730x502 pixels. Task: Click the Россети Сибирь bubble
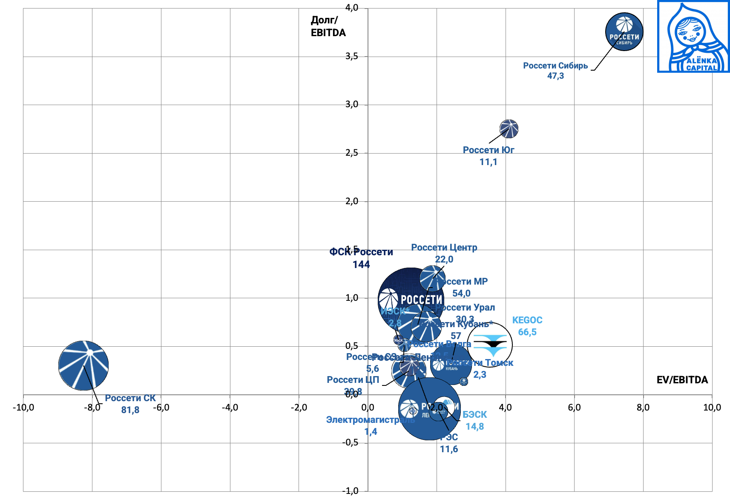(624, 32)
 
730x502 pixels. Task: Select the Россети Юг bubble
(509, 129)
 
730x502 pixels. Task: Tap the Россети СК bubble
(83, 365)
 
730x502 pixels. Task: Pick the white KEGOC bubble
(490, 345)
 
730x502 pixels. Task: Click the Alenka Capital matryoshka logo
(693, 37)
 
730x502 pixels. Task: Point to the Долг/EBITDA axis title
(328, 26)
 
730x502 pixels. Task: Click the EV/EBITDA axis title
(682, 380)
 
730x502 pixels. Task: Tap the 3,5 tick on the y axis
(351, 56)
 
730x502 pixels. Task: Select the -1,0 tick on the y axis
(350, 491)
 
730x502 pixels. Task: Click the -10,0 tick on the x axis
(23, 408)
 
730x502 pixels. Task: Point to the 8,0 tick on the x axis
(643, 408)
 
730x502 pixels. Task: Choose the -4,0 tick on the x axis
(230, 408)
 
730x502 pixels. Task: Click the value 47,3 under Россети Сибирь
(555, 76)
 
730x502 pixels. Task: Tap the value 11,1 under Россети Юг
(488, 162)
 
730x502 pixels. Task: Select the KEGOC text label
(527, 320)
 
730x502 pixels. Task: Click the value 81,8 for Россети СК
(130, 410)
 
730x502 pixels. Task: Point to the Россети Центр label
(444, 248)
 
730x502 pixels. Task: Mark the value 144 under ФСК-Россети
(361, 265)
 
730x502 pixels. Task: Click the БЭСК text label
(474, 415)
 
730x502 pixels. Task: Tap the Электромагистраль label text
(370, 420)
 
